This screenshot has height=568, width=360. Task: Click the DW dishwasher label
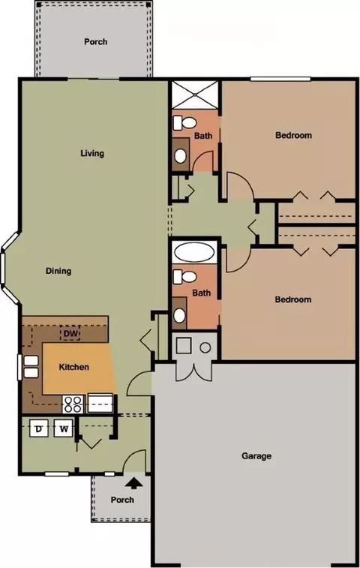click(x=71, y=333)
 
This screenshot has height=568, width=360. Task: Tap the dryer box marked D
click(x=39, y=428)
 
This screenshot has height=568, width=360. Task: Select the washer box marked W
click(x=64, y=428)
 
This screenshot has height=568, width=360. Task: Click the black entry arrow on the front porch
click(x=134, y=484)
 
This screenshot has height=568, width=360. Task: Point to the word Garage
click(x=256, y=455)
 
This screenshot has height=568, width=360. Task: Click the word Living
click(x=92, y=153)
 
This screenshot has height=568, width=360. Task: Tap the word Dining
click(x=58, y=271)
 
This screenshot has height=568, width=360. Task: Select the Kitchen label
click(x=74, y=367)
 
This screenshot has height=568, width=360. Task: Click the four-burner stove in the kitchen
click(x=73, y=404)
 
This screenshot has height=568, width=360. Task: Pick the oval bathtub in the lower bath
click(x=194, y=252)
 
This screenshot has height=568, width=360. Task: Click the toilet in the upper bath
click(x=184, y=123)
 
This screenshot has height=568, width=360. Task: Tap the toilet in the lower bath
click(x=184, y=277)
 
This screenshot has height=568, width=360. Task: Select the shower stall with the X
click(x=195, y=95)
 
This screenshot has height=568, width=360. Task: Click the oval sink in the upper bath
click(x=180, y=156)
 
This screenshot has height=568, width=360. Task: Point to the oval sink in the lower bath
click(x=179, y=316)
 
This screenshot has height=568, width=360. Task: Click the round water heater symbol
click(x=205, y=347)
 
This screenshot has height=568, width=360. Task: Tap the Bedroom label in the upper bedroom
click(x=293, y=136)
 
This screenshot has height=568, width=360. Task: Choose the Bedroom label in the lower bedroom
click(x=293, y=299)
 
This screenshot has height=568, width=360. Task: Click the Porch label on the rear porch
click(x=95, y=42)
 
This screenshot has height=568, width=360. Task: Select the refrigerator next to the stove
click(x=100, y=403)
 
